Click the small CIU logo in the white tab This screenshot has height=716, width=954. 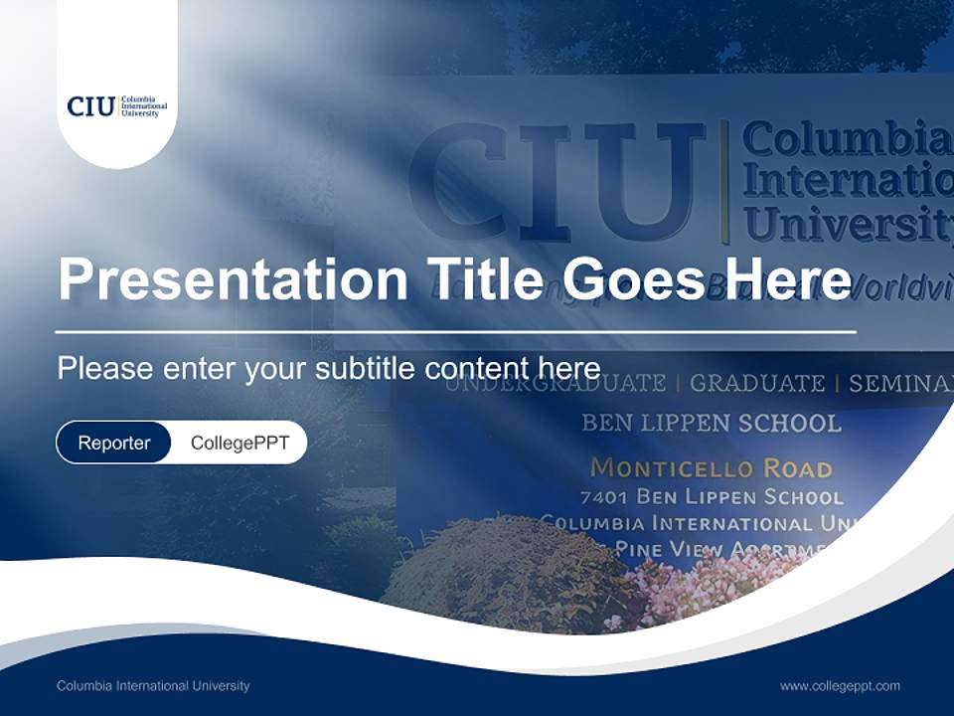pyautogui.click(x=116, y=106)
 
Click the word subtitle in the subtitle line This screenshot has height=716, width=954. pyautogui.click(x=366, y=368)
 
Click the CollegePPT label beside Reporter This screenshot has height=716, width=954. pyautogui.click(x=239, y=443)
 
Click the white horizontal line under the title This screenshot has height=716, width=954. pyautogui.click(x=455, y=331)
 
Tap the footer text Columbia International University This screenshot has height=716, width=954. pyautogui.click(x=153, y=685)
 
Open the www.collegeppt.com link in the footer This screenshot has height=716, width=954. pyautogui.click(x=840, y=685)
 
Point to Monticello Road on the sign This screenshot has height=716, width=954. pyautogui.click(x=711, y=467)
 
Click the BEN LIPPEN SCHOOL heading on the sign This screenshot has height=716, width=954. pyautogui.click(x=711, y=423)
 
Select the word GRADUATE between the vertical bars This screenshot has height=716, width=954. pyautogui.click(x=757, y=383)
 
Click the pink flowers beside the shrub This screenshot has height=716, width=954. pyautogui.click(x=696, y=587)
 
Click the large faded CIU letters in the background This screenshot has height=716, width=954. pyautogui.click(x=556, y=179)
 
